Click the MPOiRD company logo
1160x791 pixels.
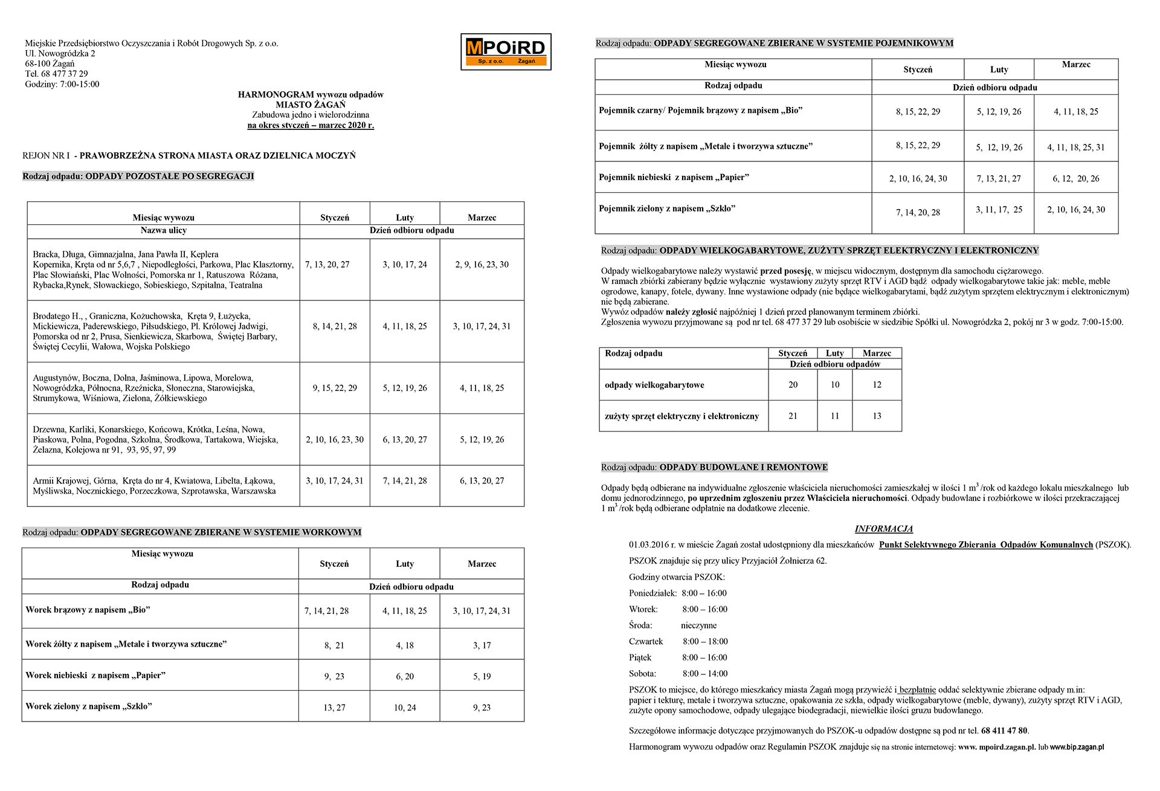pyautogui.click(x=506, y=51)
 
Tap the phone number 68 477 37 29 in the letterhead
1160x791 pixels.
pyautogui.click(x=65, y=74)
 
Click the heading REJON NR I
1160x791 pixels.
pyautogui.click(x=46, y=155)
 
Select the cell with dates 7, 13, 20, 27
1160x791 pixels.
pyautogui.click(x=327, y=265)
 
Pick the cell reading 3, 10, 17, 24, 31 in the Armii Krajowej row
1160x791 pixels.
pyautogui.click(x=335, y=481)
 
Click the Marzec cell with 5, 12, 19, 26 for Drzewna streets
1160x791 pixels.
pyautogui.click(x=482, y=440)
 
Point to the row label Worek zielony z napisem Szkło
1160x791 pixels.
pyautogui.click(x=89, y=706)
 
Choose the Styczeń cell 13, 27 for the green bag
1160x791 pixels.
pyautogui.click(x=334, y=708)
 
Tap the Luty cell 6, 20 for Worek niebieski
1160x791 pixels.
pyautogui.click(x=405, y=677)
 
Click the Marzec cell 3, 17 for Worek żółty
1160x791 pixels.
pyautogui.click(x=482, y=645)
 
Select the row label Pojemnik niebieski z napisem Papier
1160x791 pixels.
pyautogui.click(x=674, y=177)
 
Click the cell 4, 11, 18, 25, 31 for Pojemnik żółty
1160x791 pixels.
pyautogui.click(x=1075, y=147)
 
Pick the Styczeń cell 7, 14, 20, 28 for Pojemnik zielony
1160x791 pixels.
pyautogui.click(x=918, y=213)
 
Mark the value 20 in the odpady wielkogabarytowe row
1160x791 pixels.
pyautogui.click(x=793, y=385)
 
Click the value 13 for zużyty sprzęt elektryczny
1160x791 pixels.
pyautogui.click(x=877, y=416)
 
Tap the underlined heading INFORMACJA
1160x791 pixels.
pyautogui.click(x=883, y=529)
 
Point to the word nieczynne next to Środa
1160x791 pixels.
pyautogui.click(x=699, y=625)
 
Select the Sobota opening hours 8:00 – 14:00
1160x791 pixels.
pyautogui.click(x=705, y=674)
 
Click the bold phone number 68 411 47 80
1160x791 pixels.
pyautogui.click(x=1004, y=731)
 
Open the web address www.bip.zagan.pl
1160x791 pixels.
pyautogui.click(x=1077, y=747)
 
